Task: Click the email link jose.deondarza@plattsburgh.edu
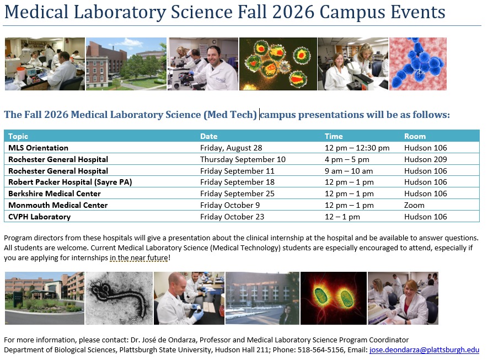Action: coord(424,350)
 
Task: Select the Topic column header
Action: coord(18,136)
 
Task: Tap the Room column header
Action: coord(415,136)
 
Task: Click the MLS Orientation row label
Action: coord(38,148)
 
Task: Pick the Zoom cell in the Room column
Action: coord(414,205)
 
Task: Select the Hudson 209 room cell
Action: coord(425,159)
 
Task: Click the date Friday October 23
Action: coord(232,217)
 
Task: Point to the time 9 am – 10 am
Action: coord(349,171)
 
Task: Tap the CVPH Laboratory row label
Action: coord(39,217)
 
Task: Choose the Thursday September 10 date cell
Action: coord(243,159)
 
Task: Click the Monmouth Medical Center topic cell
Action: coord(58,205)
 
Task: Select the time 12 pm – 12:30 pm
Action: coord(357,148)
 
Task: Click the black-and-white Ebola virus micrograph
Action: coord(119,298)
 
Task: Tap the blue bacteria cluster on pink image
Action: coord(418,64)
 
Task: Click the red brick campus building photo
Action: coord(126,64)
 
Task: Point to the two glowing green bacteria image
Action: coord(334,298)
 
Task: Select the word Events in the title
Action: coord(418,12)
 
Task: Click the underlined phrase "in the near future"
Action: coord(138,258)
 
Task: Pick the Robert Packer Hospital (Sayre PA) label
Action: coord(70,182)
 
